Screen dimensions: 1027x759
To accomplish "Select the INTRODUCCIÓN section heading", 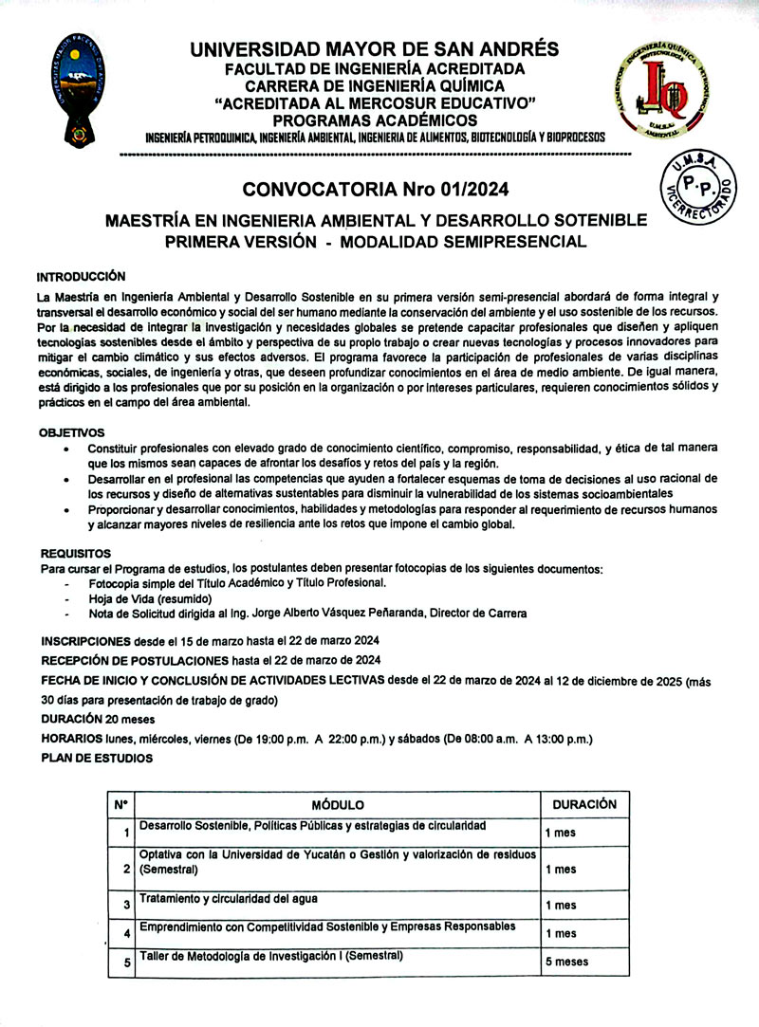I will coord(82,277).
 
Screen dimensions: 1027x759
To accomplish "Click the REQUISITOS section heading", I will coord(75,553).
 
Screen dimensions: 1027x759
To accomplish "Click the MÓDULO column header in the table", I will coord(338,805).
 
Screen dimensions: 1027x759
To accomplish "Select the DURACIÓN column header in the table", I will coord(584,804).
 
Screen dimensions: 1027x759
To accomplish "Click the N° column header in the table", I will coord(121,805).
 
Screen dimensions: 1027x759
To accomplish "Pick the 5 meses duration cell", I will coord(567,962).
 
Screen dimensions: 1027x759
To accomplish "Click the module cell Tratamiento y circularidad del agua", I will coord(229,898).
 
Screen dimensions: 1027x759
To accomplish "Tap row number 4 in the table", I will coord(126,934).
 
